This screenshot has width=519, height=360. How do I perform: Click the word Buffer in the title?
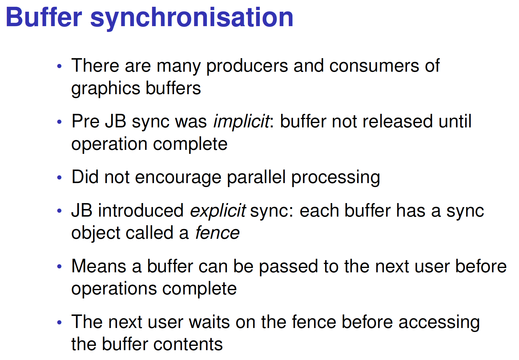44,17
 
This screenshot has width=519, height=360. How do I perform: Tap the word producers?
247,66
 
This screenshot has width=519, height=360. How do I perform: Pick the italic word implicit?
241,122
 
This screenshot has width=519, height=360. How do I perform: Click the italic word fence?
217,233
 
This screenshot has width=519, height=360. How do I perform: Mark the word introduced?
141,210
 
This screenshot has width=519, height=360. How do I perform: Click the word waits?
209,322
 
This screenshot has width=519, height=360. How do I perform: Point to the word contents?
188,345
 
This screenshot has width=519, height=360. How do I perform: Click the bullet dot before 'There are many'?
59,66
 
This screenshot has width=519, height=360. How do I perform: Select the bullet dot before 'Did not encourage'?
59,178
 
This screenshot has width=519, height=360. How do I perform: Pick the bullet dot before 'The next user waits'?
59,322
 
